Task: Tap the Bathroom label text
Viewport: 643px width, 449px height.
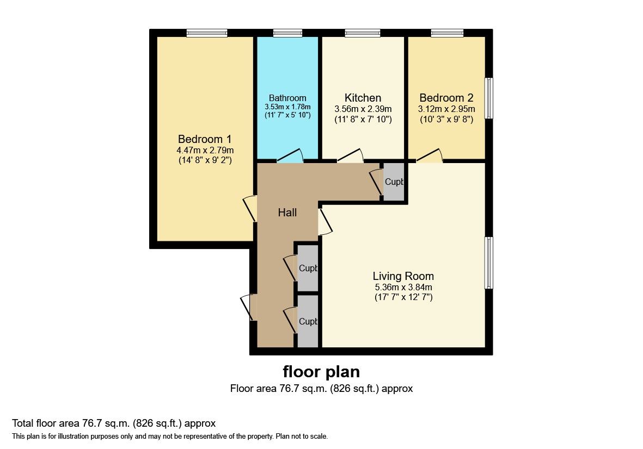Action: pyautogui.click(x=287, y=98)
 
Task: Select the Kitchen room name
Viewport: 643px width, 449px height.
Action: pyautogui.click(x=363, y=98)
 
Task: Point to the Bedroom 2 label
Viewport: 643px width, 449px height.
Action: pyautogui.click(x=446, y=98)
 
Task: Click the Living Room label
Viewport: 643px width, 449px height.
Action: pyautogui.click(x=403, y=276)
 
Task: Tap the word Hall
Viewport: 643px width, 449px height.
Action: pyautogui.click(x=287, y=213)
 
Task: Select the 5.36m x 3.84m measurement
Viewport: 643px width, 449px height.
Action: pyautogui.click(x=403, y=287)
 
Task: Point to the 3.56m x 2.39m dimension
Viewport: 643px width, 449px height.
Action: pyautogui.click(x=363, y=109)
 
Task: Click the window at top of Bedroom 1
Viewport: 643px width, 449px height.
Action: pyautogui.click(x=206, y=33)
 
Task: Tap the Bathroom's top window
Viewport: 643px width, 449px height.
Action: pyautogui.click(x=287, y=33)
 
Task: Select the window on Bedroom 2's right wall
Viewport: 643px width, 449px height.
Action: pyautogui.click(x=489, y=98)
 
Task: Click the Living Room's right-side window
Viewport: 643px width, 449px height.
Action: pyautogui.click(x=489, y=263)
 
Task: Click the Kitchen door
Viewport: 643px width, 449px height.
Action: pyautogui.click(x=351, y=156)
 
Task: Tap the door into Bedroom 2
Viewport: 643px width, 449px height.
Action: pyautogui.click(x=430, y=156)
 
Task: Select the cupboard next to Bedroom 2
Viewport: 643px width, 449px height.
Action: pyautogui.click(x=394, y=182)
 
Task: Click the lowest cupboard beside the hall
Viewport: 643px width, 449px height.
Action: pyautogui.click(x=308, y=321)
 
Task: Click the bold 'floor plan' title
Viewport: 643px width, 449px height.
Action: pyautogui.click(x=321, y=372)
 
